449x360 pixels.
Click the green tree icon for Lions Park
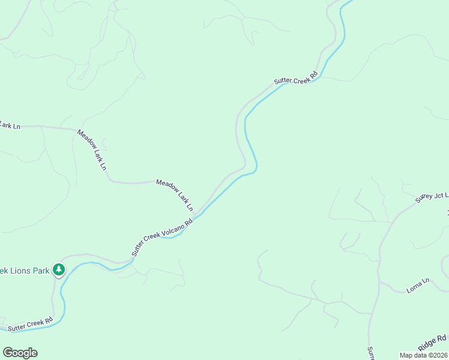click(x=58, y=269)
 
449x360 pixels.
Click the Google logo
click(x=20, y=353)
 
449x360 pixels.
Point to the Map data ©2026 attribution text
click(x=423, y=355)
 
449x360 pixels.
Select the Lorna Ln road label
click(x=418, y=285)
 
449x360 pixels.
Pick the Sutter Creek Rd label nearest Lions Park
click(x=31, y=324)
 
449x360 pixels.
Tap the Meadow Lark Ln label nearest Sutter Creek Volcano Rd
click(x=175, y=194)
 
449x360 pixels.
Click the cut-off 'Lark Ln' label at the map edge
click(x=10, y=125)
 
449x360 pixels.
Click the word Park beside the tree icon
click(x=41, y=271)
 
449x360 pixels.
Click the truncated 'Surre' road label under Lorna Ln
click(x=371, y=353)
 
